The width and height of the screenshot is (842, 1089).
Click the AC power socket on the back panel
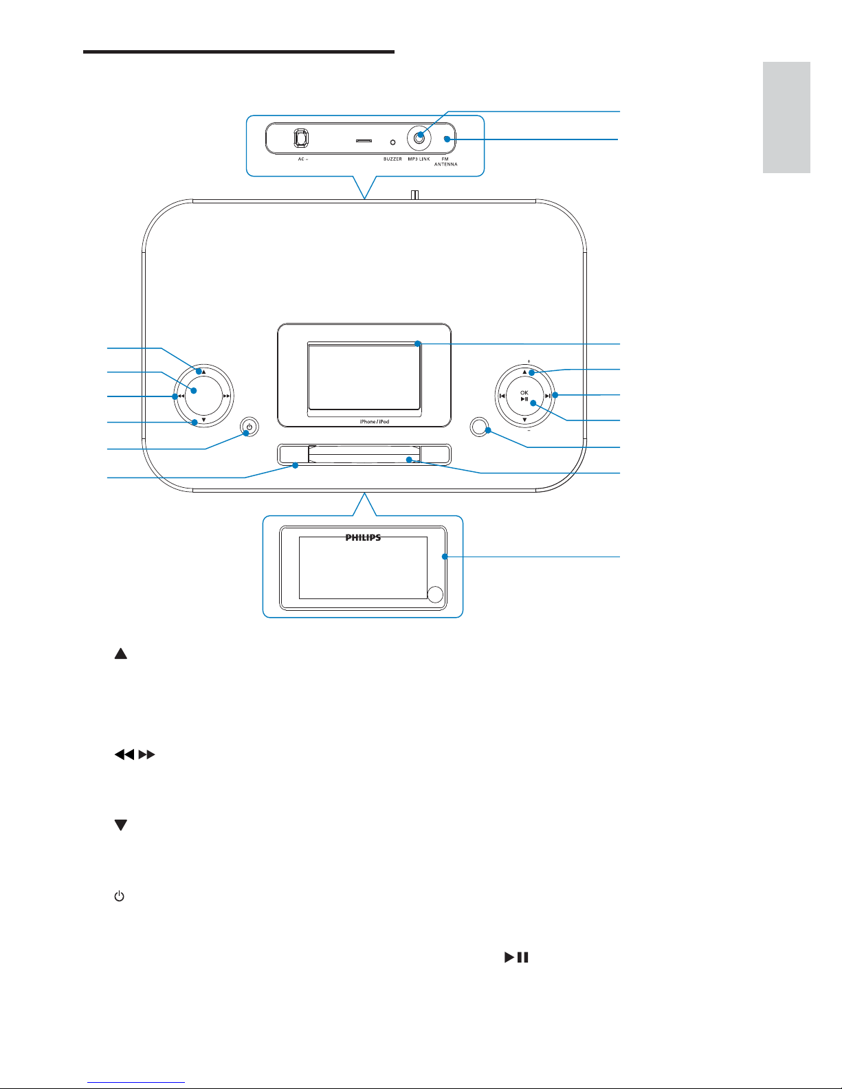click(300, 138)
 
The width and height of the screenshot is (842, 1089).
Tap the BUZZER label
click(392, 159)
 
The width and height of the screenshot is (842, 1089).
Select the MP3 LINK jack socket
click(419, 138)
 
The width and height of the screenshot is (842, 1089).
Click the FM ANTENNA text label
click(445, 161)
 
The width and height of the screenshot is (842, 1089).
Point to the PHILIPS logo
click(363, 538)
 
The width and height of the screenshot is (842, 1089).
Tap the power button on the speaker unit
click(249, 427)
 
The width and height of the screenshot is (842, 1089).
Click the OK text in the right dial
click(524, 392)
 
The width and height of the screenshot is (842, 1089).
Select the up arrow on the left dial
click(203, 372)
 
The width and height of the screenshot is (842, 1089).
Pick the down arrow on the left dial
click(203, 420)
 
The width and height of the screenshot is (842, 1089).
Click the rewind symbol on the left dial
click(180, 396)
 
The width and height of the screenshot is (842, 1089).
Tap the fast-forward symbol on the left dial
click(227, 396)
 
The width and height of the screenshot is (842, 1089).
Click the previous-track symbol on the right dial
click(502, 396)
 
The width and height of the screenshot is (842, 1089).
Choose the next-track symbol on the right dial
click(547, 396)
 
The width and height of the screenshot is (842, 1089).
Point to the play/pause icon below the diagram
click(516, 956)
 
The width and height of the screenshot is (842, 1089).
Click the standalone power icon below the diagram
click(120, 897)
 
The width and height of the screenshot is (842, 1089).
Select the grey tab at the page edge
click(786, 117)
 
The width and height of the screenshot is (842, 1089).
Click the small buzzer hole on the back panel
click(392, 142)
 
